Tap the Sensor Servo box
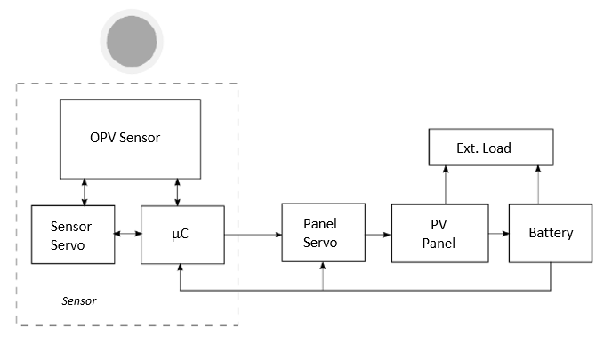(x=73, y=235)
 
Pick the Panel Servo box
(x=321, y=233)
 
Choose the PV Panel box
(x=439, y=234)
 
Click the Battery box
(x=551, y=234)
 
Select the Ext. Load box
(x=491, y=148)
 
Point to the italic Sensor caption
(x=78, y=300)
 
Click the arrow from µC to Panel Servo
(x=253, y=235)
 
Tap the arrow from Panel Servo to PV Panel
(x=375, y=235)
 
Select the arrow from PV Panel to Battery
(x=498, y=235)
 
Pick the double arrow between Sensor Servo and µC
(x=128, y=235)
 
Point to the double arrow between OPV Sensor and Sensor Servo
(x=85, y=191)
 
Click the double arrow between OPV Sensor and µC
(x=179, y=191)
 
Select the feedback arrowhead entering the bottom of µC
(x=181, y=268)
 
